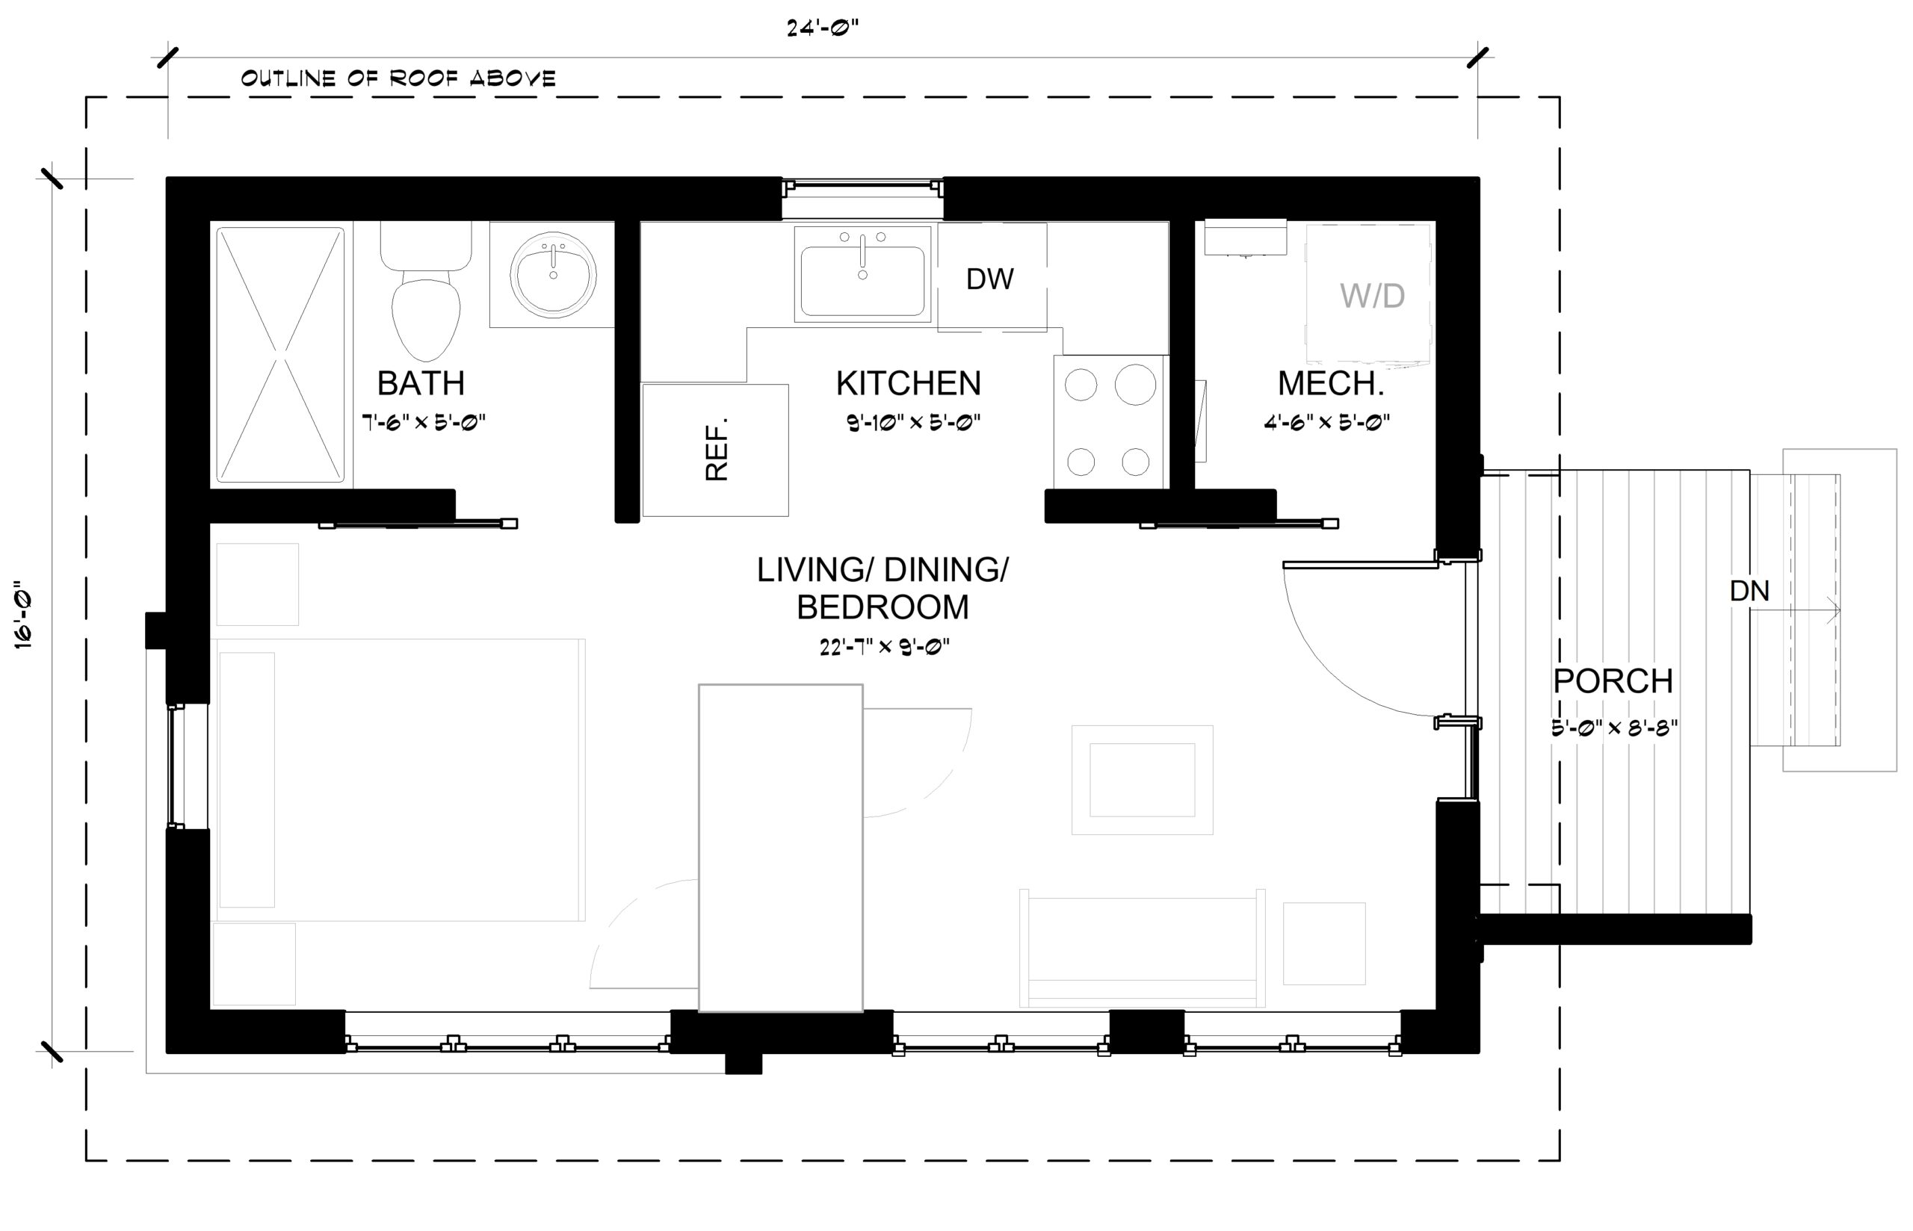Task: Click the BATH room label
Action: click(x=421, y=384)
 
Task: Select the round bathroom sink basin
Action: click(x=553, y=274)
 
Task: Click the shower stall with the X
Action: click(x=279, y=355)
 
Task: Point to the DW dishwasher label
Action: click(x=989, y=279)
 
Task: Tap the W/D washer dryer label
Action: click(x=1372, y=297)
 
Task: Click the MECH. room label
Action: click(x=1330, y=384)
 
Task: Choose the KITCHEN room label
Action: click(x=908, y=384)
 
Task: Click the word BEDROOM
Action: click(x=883, y=607)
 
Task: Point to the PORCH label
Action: click(x=1613, y=681)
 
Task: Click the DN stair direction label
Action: click(x=1749, y=592)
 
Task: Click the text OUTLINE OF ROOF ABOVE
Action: click(x=398, y=78)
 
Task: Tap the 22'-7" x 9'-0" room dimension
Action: click(x=884, y=647)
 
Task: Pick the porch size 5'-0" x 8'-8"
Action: click(x=1614, y=728)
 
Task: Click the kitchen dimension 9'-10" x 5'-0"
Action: click(x=914, y=422)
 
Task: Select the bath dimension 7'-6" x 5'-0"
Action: click(x=424, y=422)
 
